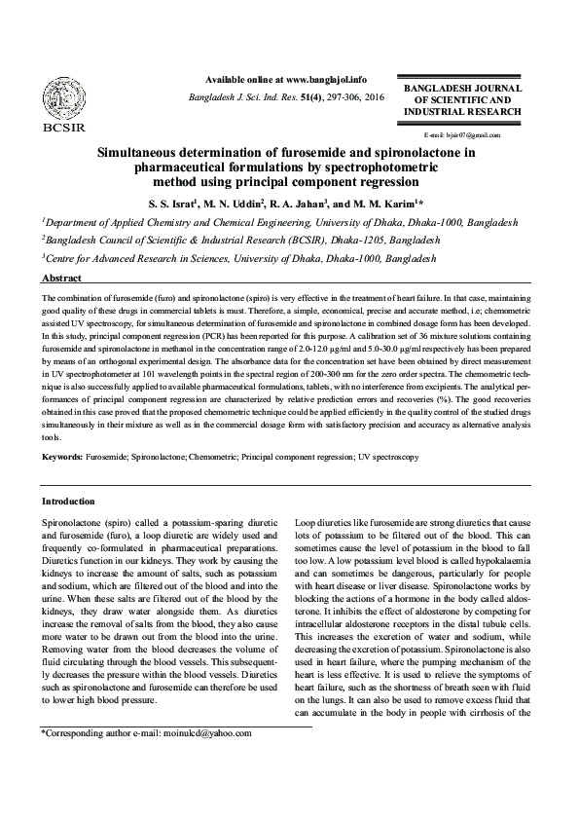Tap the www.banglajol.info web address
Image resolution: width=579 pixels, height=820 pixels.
pos(327,79)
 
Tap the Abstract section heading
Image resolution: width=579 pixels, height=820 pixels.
pos(61,278)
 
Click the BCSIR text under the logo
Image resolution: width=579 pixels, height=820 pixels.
pos(63,127)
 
